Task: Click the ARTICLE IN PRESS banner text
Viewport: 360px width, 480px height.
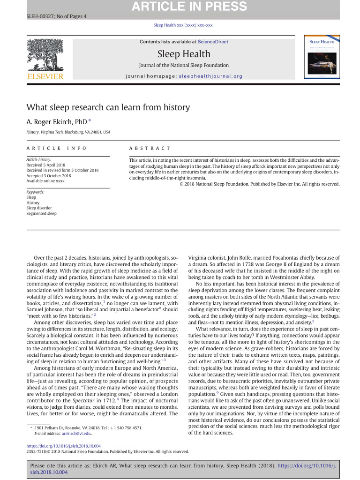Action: pos(189,7)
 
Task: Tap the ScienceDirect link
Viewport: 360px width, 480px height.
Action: pos(213,42)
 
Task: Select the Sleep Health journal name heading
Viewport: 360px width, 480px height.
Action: pos(184,54)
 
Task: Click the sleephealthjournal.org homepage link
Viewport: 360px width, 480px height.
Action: pos(210,76)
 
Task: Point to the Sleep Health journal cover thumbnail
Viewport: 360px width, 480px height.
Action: pos(323,58)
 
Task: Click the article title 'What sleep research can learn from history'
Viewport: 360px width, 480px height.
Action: pos(108,107)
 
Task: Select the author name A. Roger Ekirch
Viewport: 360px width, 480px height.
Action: pos(56,122)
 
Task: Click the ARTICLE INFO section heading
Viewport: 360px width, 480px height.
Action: pos(57,148)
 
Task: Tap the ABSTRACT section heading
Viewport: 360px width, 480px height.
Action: pos(150,148)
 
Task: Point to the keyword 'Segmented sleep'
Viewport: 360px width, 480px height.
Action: pos(41,213)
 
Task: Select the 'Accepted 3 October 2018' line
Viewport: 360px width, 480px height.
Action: pos(48,176)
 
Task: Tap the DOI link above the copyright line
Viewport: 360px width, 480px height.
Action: pos(63,446)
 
